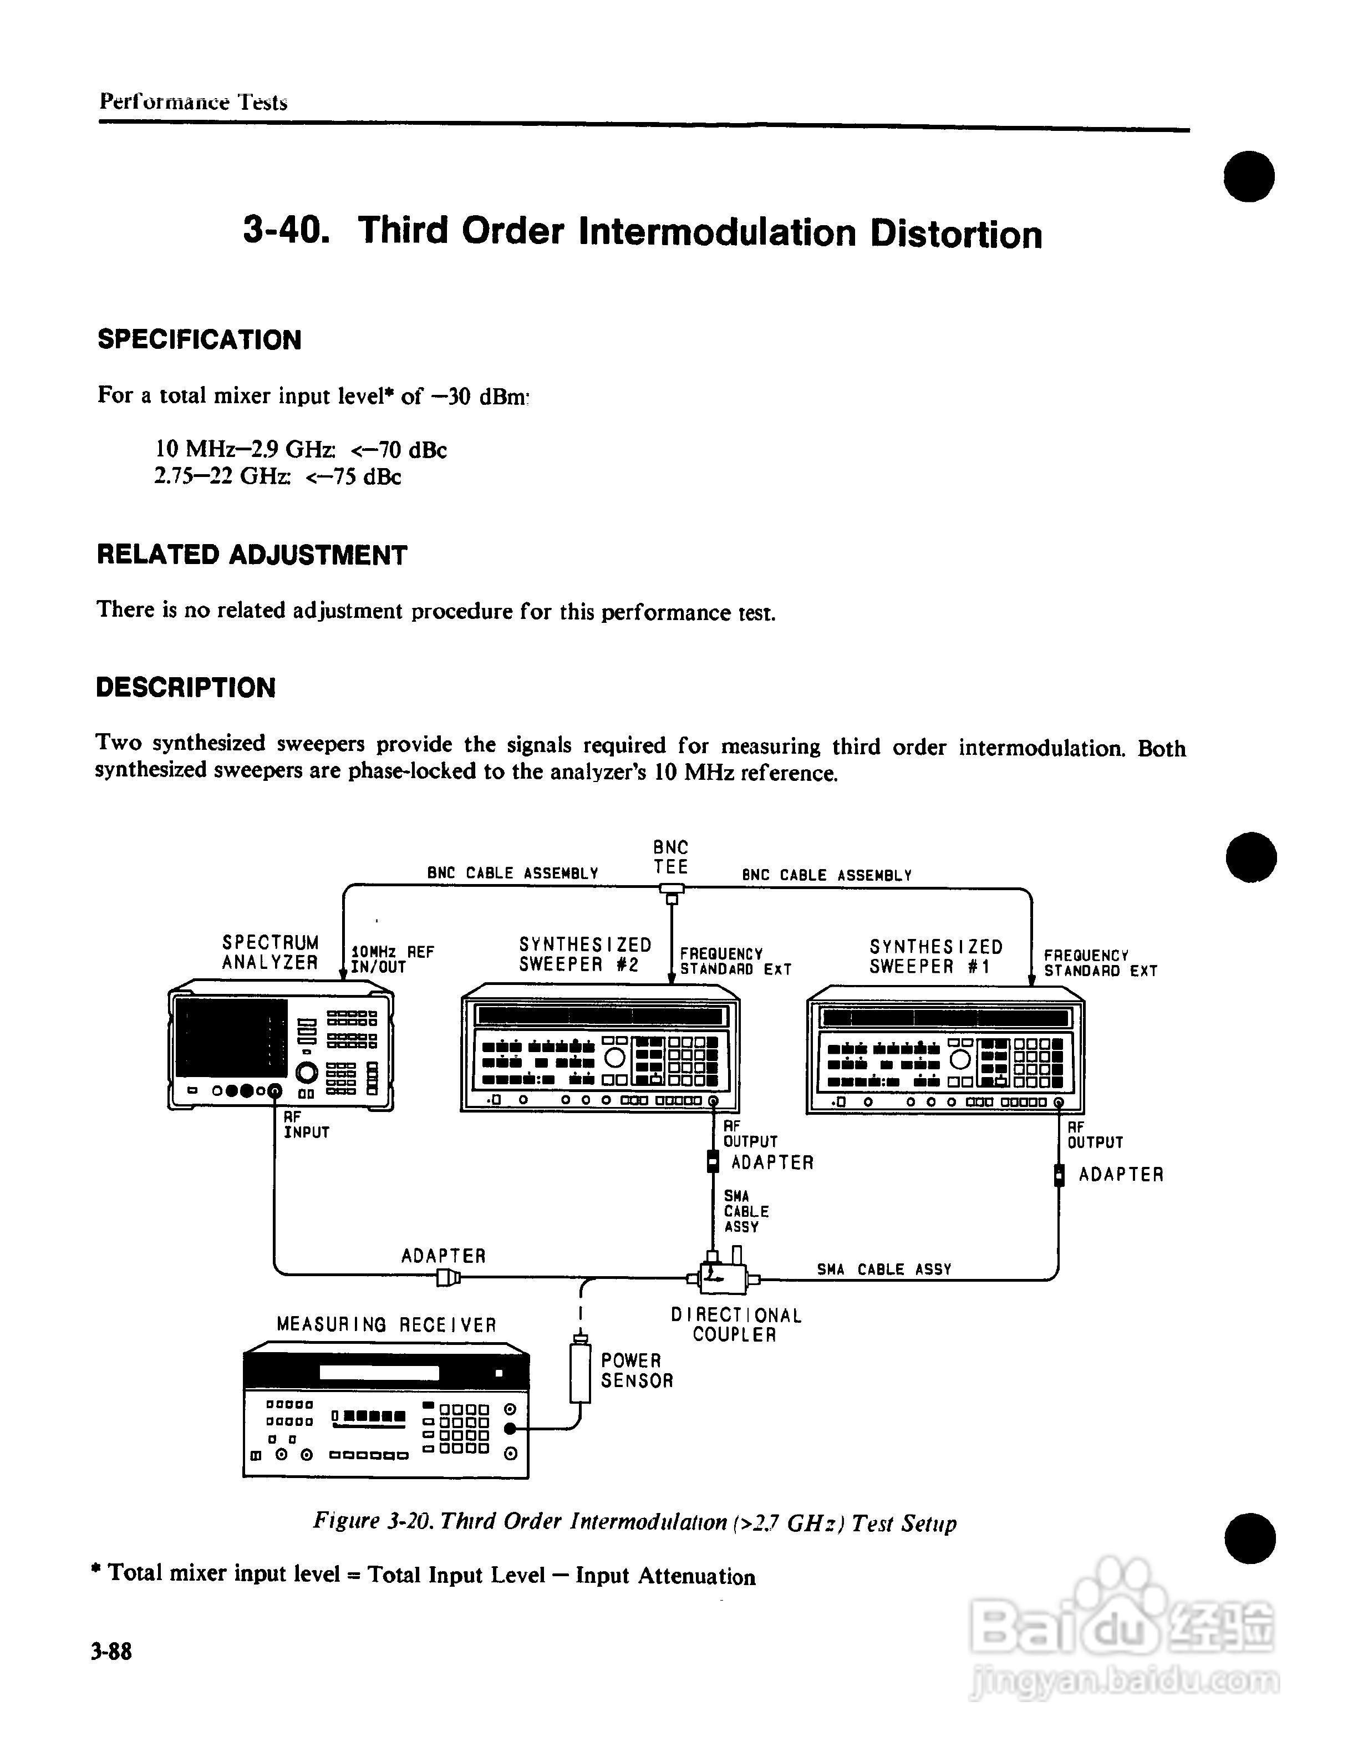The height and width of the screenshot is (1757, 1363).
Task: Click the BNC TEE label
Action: point(670,857)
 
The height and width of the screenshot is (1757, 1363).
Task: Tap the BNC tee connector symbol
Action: point(672,890)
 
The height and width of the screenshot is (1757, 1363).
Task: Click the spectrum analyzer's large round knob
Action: point(307,1072)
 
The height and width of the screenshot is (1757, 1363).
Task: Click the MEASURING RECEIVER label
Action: point(386,1325)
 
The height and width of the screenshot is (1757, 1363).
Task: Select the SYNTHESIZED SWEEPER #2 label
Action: point(584,955)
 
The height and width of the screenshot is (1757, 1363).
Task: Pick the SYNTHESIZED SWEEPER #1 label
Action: point(935,957)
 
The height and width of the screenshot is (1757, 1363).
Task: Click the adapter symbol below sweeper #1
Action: point(1059,1175)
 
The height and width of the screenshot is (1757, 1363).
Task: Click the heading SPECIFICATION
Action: point(200,339)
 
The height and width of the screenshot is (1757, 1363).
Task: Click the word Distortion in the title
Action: point(955,234)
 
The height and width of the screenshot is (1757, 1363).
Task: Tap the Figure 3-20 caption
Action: point(634,1523)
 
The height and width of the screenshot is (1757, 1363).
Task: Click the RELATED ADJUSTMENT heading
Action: point(252,555)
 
